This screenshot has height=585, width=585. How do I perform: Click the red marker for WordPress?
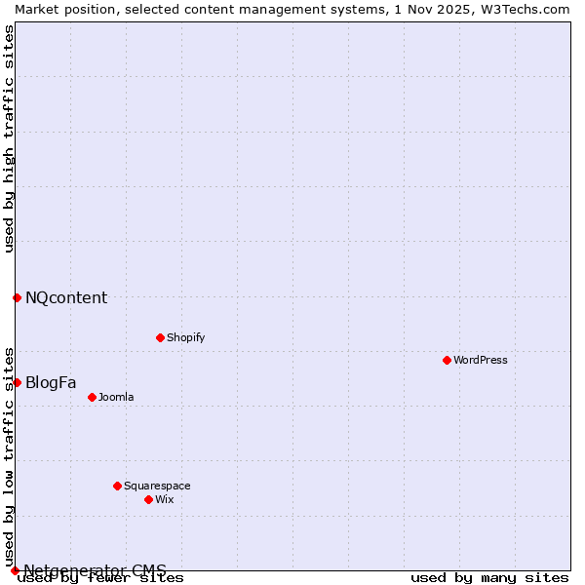[x=447, y=360]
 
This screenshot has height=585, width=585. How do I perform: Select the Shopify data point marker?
[x=160, y=337]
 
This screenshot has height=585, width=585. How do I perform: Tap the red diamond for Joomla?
[x=92, y=397]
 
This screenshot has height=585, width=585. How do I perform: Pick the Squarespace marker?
[x=117, y=486]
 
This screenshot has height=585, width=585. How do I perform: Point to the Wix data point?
[x=148, y=499]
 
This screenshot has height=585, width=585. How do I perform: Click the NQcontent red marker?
[x=17, y=297]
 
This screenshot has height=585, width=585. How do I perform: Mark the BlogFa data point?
[x=17, y=382]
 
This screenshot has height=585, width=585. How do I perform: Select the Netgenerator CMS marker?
[x=15, y=570]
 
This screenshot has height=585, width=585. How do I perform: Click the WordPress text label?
[x=481, y=360]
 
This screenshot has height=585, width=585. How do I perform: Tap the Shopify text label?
[x=185, y=337]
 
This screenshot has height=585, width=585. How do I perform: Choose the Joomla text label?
[x=116, y=397]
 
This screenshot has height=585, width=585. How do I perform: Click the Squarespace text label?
[x=157, y=486]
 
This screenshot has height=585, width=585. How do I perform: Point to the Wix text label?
[x=164, y=499]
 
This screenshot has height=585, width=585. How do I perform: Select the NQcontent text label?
[x=66, y=297]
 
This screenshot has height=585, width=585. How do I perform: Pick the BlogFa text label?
[x=51, y=382]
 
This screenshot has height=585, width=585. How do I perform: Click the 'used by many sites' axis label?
[x=489, y=577]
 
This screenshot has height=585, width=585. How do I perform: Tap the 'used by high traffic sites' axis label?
[x=9, y=138]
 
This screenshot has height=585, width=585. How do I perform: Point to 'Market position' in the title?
[x=58, y=8]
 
